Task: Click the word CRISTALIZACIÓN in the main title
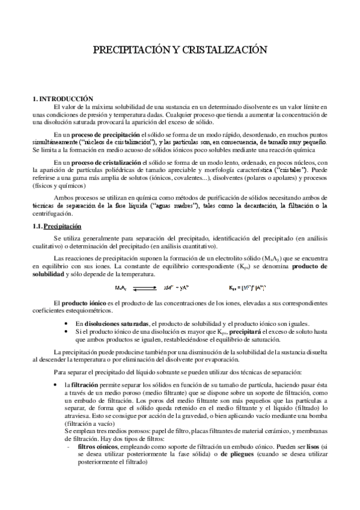pos(222,52)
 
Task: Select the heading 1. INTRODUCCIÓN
pos(63,97)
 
